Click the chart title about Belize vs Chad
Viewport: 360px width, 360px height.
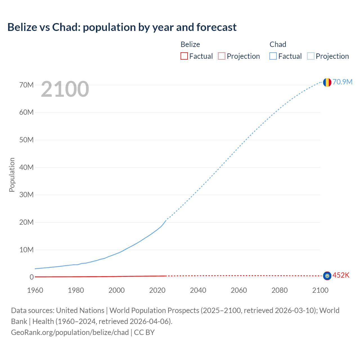click(x=122, y=27)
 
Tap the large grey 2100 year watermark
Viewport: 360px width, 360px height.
click(x=65, y=89)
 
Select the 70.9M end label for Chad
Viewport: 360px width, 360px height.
click(x=342, y=82)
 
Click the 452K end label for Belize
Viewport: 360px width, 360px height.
click(x=341, y=275)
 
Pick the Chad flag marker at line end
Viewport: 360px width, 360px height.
click(x=327, y=82)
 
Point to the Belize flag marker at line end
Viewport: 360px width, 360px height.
click(x=327, y=276)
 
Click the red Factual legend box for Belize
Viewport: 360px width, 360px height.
click(x=184, y=56)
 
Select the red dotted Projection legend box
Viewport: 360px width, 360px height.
click(x=222, y=56)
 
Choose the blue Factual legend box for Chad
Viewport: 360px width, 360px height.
click(x=273, y=56)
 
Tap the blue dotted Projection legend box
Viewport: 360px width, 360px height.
click(x=311, y=56)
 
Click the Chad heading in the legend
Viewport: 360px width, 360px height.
click(x=278, y=44)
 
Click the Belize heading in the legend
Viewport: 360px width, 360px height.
click(x=190, y=44)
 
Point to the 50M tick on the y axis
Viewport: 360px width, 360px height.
click(x=26, y=140)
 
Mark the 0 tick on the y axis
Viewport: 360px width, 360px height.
click(x=32, y=277)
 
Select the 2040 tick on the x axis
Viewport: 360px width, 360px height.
click(x=198, y=290)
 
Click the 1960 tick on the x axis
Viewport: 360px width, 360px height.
click(x=35, y=290)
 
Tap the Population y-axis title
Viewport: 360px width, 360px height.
click(x=12, y=175)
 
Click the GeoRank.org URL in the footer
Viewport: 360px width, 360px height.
click(x=70, y=332)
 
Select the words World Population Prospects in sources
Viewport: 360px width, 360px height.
click(x=154, y=310)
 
